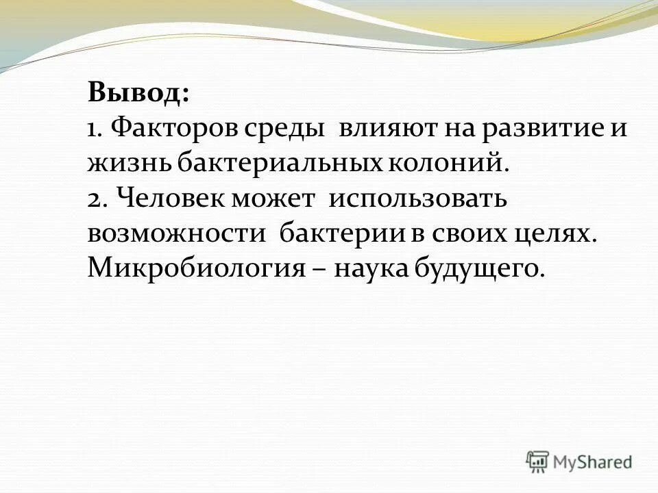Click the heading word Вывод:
click(139, 93)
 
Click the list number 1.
click(94, 129)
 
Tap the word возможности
click(176, 234)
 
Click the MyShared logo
click(579, 462)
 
